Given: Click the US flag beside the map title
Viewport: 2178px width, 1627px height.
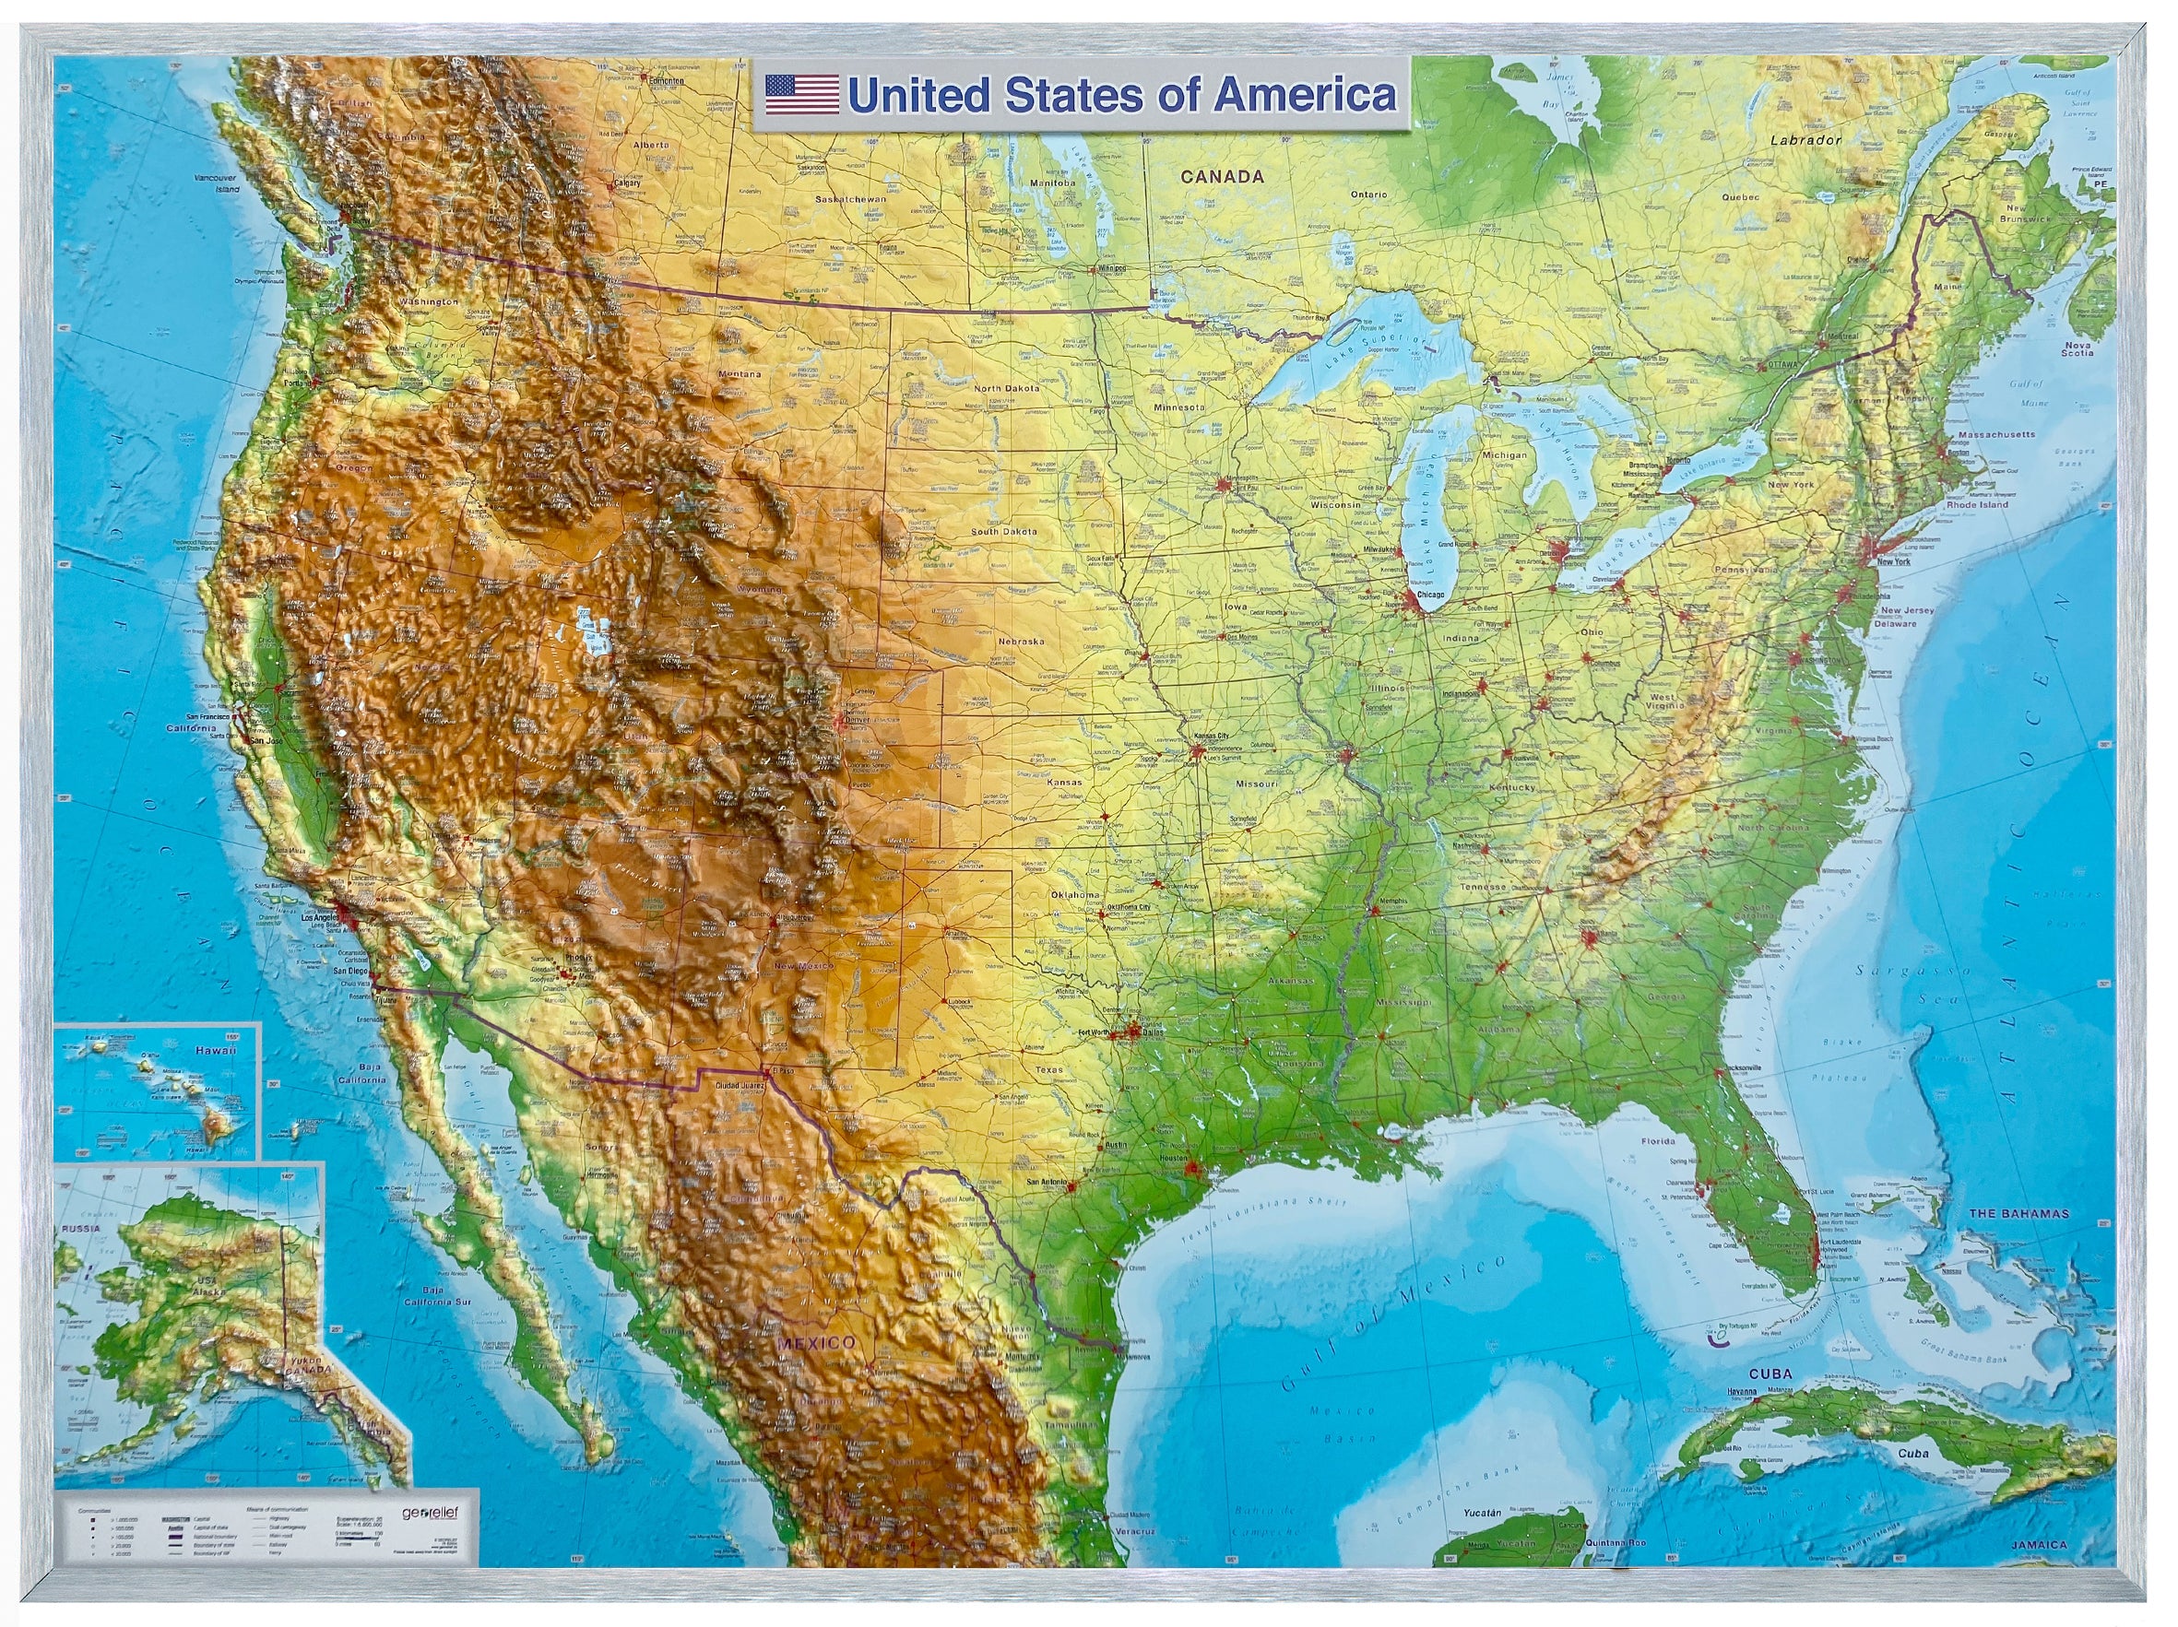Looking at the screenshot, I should point(801,96).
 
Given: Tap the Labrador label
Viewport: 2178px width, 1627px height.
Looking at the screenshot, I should point(1805,140).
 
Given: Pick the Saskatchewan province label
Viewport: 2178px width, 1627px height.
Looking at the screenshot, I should point(850,199).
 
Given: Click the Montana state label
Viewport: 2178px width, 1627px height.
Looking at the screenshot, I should point(739,374).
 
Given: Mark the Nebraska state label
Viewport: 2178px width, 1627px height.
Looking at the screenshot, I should point(1020,641).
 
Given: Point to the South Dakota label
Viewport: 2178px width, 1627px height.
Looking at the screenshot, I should point(1003,531).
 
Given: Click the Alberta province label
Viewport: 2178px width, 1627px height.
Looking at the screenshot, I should point(650,145).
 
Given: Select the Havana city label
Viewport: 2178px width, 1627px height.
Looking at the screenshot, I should point(1742,1392).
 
